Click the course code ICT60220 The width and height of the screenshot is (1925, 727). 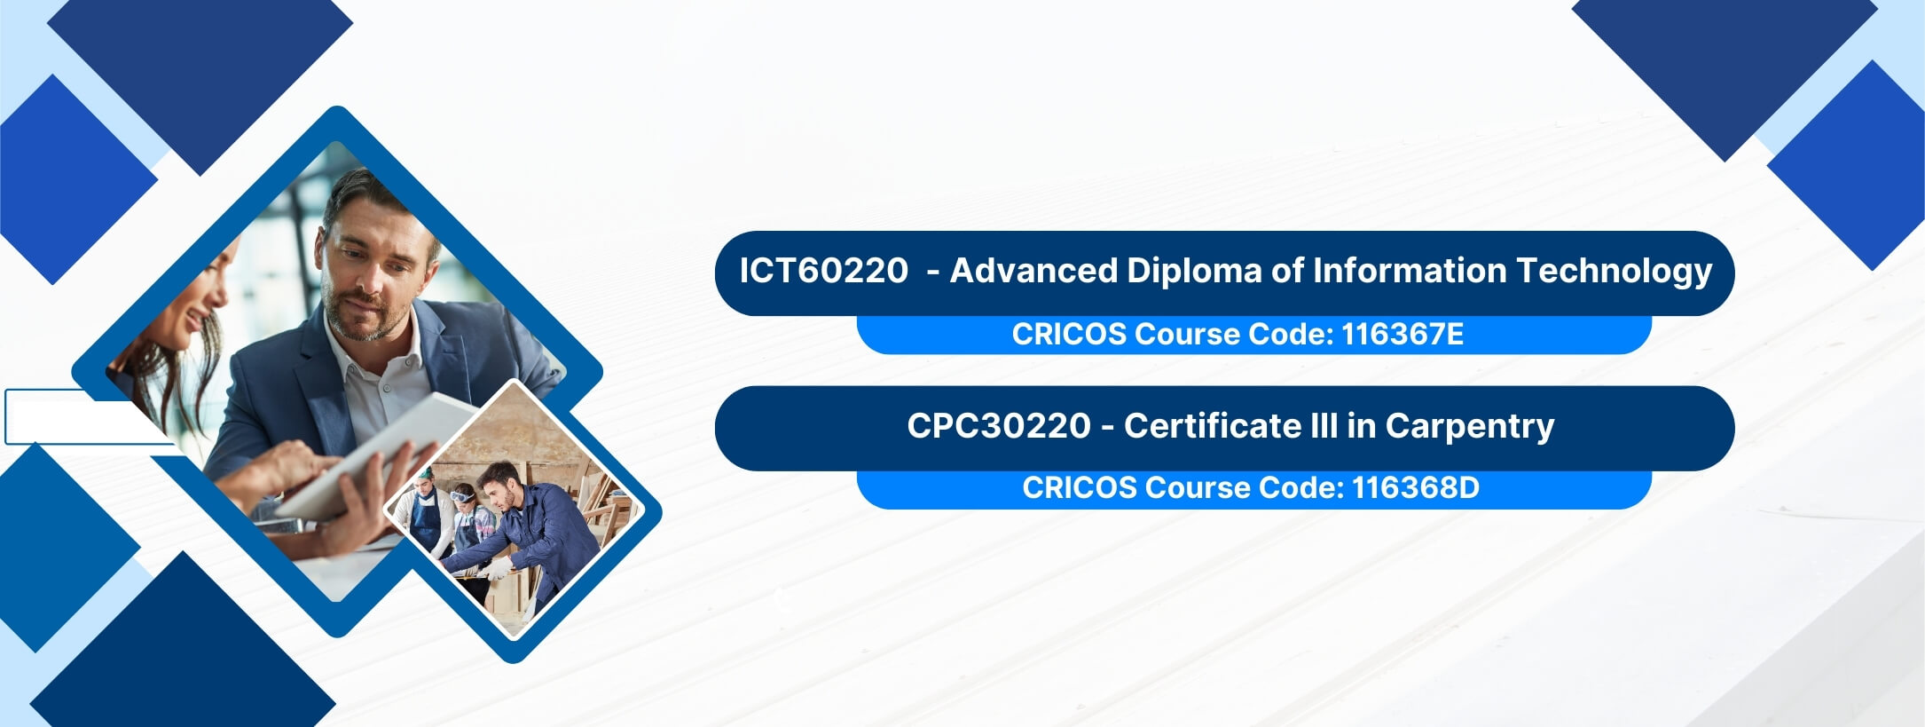(823, 271)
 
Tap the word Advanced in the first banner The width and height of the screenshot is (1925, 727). (1033, 271)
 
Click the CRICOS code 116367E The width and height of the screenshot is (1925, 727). (1402, 334)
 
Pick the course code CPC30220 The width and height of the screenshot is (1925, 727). (999, 426)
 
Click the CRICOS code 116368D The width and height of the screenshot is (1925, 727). (1416, 487)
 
